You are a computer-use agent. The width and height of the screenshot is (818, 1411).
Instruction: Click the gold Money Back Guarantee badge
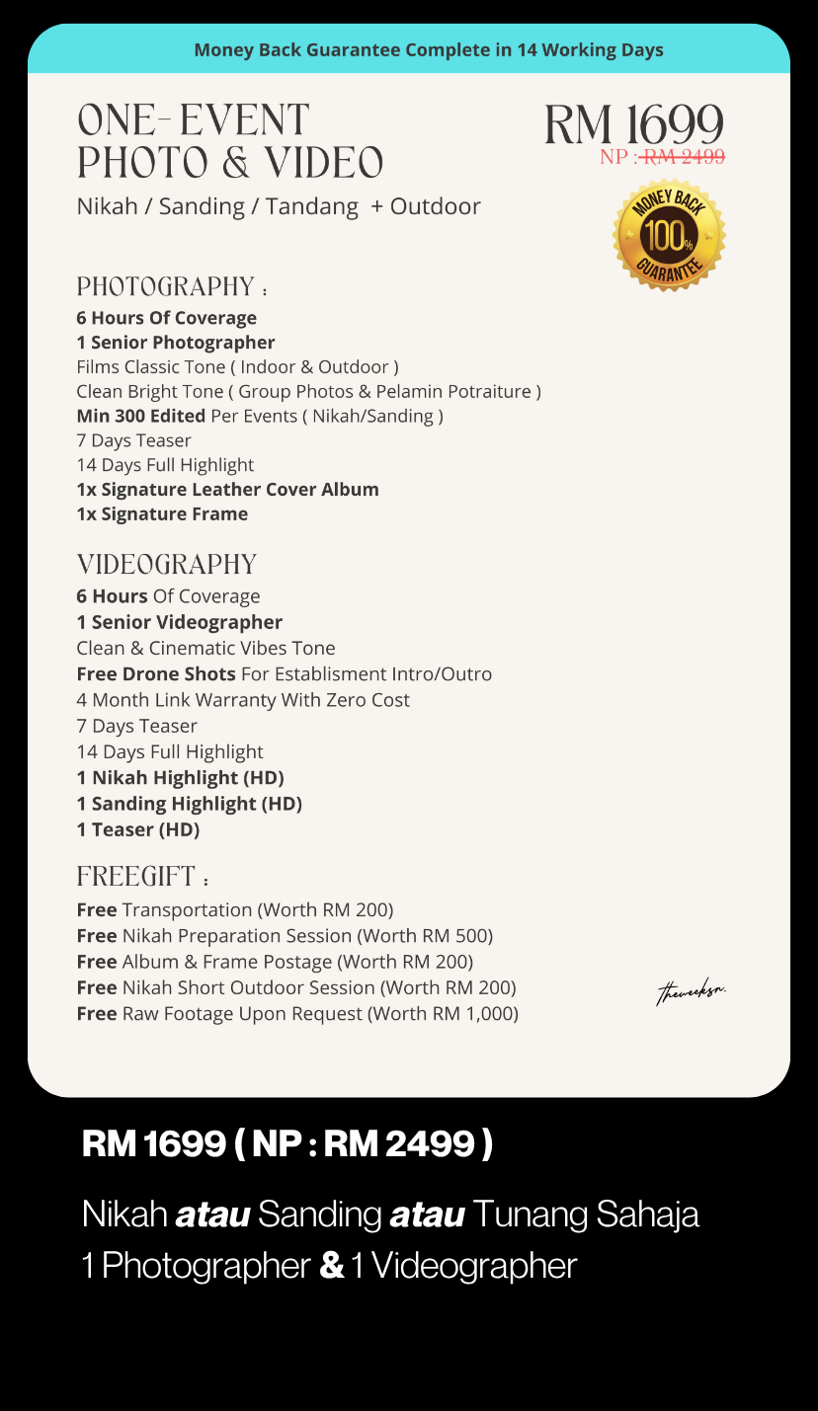(669, 235)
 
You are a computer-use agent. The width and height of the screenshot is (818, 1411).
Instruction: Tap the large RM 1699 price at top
(633, 125)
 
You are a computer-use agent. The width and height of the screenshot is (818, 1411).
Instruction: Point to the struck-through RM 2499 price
(684, 156)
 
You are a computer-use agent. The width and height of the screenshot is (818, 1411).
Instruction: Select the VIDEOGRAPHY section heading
(167, 565)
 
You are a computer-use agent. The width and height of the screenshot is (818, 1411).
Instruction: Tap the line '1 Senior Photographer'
(176, 343)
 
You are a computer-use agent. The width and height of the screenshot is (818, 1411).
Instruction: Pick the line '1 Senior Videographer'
(179, 622)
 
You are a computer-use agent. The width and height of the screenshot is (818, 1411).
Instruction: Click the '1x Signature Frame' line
(162, 513)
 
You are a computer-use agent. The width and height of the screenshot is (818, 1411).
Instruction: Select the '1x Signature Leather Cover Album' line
(227, 489)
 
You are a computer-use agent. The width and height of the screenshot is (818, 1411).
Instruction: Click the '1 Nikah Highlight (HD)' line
(180, 777)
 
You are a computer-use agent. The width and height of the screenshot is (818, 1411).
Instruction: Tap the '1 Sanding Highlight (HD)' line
(189, 804)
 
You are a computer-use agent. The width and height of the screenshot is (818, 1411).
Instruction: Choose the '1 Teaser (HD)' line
(138, 829)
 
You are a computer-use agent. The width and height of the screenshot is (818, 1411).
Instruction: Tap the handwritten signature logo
(691, 991)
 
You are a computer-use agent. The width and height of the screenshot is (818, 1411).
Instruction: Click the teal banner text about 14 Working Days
(429, 49)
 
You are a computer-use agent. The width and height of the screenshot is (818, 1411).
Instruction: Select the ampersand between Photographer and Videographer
(332, 1266)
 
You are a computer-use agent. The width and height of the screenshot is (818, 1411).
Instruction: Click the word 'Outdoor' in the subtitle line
(435, 206)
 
